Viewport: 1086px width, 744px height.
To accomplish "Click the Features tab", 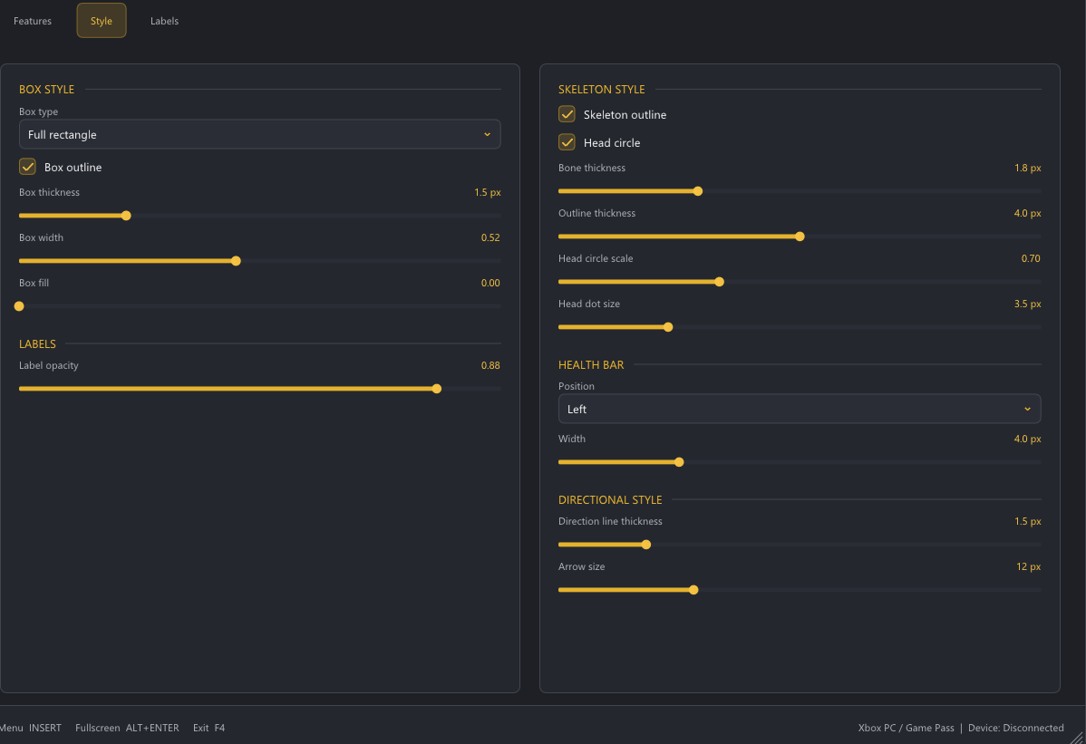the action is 33,21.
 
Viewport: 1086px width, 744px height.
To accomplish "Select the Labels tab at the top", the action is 164,21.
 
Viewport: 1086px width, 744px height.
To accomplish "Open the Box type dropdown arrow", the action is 487,134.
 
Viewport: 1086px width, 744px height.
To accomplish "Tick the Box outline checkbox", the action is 28,167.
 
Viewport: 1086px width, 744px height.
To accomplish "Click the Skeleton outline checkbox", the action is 567,114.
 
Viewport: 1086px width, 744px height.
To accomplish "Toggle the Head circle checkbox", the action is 567,142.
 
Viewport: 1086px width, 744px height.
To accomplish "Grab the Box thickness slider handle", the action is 126,216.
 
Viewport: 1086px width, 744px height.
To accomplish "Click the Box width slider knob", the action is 237,261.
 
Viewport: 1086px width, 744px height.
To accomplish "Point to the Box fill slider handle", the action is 19,306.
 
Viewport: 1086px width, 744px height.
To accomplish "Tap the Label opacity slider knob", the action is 436,389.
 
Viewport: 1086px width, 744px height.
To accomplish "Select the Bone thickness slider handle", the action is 697,191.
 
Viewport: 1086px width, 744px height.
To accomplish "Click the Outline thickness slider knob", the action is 800,237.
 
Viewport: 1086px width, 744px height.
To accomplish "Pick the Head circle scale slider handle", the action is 719,282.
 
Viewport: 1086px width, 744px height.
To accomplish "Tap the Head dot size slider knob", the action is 668,327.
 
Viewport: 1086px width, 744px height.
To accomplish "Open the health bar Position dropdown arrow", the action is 1027,409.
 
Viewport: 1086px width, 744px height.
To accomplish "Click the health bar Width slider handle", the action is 679,462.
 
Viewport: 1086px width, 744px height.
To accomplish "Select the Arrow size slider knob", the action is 693,590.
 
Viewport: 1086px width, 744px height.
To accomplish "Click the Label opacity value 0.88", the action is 490,365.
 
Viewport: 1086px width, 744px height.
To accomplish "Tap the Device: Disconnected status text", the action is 1015,728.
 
